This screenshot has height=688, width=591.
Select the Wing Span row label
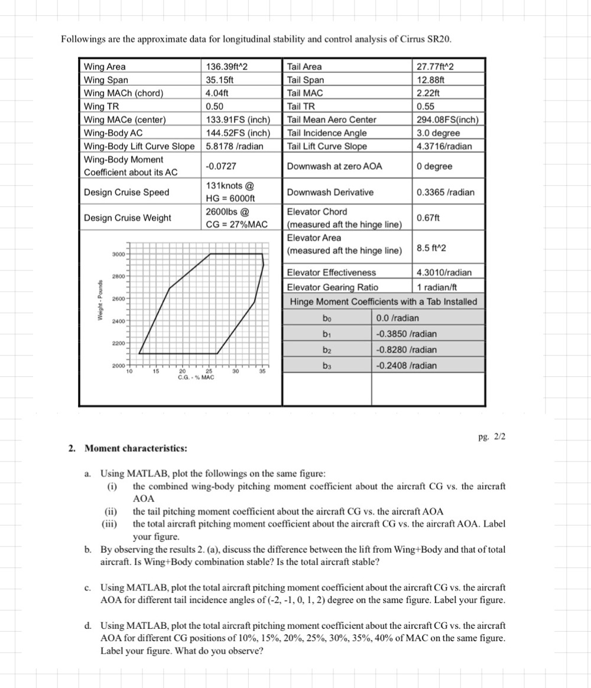(x=106, y=80)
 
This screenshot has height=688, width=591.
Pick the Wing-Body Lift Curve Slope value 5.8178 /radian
(x=234, y=146)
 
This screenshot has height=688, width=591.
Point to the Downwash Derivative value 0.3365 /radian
(x=444, y=192)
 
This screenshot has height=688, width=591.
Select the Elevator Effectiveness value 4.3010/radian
(x=444, y=273)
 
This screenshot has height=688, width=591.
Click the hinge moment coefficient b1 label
(x=327, y=334)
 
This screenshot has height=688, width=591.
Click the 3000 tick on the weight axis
(x=116, y=254)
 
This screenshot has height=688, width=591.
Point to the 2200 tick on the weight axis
(x=116, y=344)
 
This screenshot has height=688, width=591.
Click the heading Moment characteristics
(x=136, y=448)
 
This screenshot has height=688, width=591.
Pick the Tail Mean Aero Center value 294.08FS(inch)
(x=447, y=120)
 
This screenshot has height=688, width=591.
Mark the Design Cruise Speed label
(x=126, y=192)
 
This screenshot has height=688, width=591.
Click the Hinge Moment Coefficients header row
(x=383, y=302)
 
